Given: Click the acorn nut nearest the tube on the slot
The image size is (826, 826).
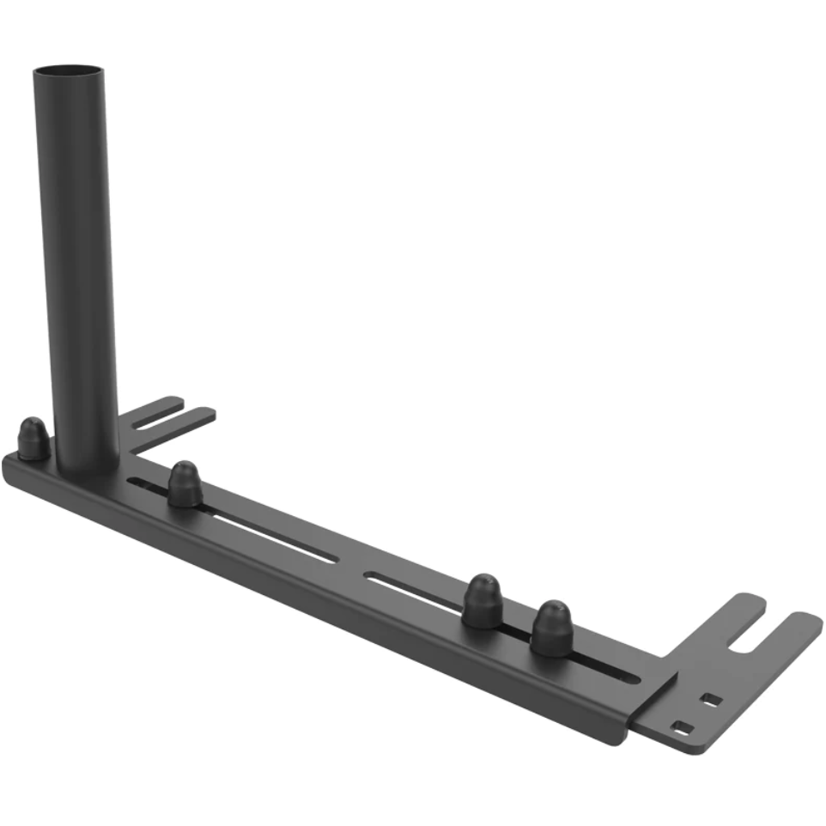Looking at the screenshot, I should coord(185,485).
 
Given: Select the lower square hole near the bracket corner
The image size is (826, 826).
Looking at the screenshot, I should coord(682,727).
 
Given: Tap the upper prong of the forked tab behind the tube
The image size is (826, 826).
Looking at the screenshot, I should coord(159,404).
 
